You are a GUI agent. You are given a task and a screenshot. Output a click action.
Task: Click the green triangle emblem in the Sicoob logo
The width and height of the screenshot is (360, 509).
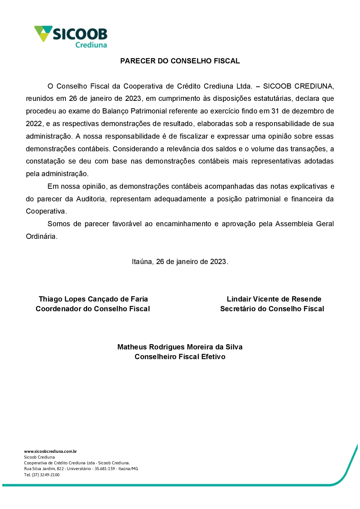(x=43, y=33)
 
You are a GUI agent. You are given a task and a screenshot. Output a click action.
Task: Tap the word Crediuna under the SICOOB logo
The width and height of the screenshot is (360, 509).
(x=91, y=45)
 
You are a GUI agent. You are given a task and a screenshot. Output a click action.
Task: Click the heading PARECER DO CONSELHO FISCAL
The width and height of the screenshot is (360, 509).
(x=180, y=61)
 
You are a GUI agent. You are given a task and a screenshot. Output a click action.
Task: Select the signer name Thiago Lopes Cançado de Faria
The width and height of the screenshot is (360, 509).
(x=93, y=299)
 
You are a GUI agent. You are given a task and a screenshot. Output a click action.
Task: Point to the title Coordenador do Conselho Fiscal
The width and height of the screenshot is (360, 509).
(x=93, y=309)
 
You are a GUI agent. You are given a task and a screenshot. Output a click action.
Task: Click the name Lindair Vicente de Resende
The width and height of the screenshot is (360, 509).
(x=274, y=299)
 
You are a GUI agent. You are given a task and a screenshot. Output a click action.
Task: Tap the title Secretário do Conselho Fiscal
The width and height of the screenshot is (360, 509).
(x=272, y=309)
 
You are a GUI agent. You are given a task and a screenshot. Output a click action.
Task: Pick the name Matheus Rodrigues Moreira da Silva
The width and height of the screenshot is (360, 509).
(x=180, y=347)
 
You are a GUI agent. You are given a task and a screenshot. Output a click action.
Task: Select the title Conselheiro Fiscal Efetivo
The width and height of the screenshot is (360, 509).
(x=180, y=357)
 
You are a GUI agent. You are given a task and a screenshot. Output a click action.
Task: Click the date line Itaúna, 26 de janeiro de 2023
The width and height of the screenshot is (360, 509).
(x=180, y=262)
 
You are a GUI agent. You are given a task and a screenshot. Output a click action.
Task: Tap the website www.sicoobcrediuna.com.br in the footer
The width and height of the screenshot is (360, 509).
(x=50, y=451)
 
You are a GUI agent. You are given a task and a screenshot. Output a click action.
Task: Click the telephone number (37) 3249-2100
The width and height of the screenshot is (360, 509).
(x=46, y=475)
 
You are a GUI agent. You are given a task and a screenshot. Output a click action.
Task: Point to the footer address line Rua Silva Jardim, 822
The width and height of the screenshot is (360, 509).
(x=81, y=469)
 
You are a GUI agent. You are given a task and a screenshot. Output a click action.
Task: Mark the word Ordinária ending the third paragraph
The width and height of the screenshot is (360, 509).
(x=41, y=236)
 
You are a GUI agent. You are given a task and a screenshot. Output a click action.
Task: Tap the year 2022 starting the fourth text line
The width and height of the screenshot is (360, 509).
(x=34, y=124)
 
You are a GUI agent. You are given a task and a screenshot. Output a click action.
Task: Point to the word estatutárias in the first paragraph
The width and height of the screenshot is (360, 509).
(x=273, y=98)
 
